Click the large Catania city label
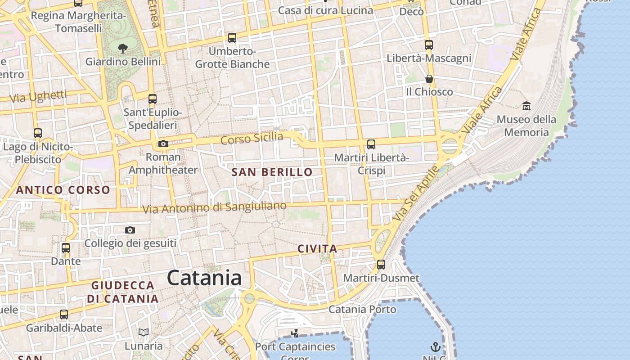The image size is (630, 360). pyautogui.click(x=204, y=278)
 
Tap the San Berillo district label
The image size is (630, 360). pyautogui.click(x=272, y=172)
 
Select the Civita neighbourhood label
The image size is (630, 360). pyautogui.click(x=317, y=249)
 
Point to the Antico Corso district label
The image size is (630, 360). pyautogui.click(x=63, y=190)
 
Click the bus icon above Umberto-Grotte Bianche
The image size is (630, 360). pyautogui.click(x=232, y=38)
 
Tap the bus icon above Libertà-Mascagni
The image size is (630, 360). pyautogui.click(x=429, y=45)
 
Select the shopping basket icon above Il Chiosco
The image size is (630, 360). pyautogui.click(x=429, y=79)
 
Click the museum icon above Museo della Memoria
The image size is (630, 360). pyautogui.click(x=526, y=106)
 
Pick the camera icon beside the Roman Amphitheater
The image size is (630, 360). pyautogui.click(x=163, y=144)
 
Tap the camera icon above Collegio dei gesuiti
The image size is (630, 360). pyautogui.click(x=130, y=230)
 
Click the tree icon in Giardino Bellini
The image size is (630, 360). pyautogui.click(x=122, y=48)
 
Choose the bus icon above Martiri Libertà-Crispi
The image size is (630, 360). pyautogui.click(x=371, y=144)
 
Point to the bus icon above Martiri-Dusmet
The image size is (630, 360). pyautogui.click(x=381, y=265)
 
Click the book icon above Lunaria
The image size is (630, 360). pyautogui.click(x=144, y=333)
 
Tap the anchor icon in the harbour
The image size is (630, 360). pyautogui.click(x=435, y=347)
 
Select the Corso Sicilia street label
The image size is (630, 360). pyautogui.click(x=252, y=139)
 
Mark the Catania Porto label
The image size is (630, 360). pyautogui.click(x=362, y=309)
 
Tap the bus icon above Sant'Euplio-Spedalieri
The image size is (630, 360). pyautogui.click(x=153, y=99)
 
